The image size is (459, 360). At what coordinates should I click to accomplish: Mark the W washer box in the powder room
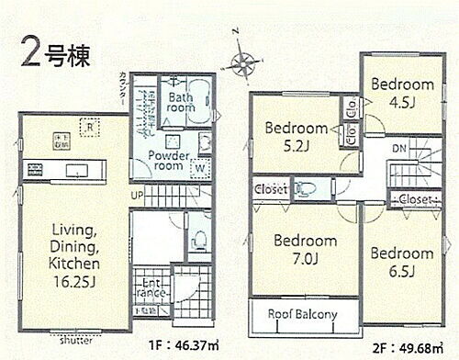tap(199, 167)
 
